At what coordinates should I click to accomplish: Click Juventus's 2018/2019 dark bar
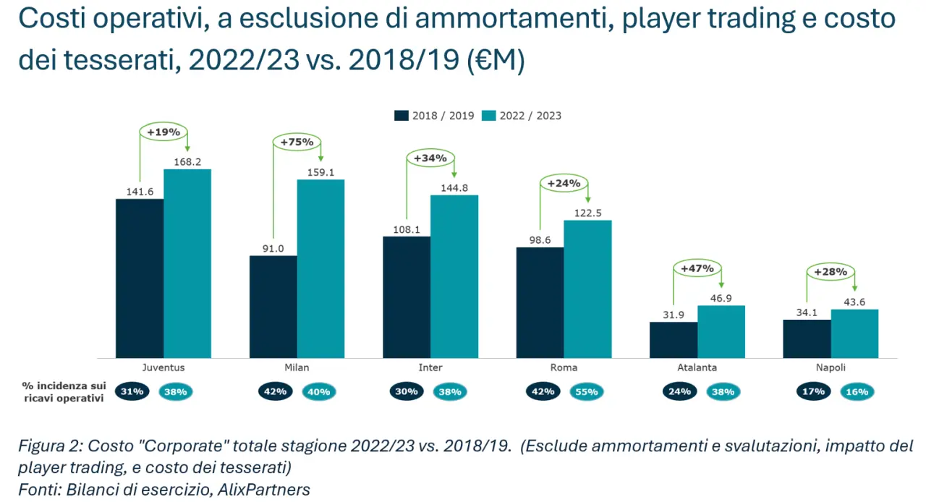140,278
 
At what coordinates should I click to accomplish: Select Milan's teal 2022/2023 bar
320,268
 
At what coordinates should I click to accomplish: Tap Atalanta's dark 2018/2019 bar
674,340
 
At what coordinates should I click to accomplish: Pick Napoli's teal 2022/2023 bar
854,333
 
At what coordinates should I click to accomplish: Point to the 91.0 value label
273,248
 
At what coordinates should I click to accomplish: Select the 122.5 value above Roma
587,213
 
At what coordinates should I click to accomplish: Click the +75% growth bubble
297,142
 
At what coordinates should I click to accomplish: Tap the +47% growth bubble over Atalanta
697,268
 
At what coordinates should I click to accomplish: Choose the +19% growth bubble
163,132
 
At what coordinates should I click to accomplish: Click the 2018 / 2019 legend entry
435,116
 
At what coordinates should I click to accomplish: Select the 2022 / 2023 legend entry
522,116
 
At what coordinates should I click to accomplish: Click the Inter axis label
430,367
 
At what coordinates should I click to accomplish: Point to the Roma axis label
564,367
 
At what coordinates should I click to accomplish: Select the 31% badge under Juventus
132,392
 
